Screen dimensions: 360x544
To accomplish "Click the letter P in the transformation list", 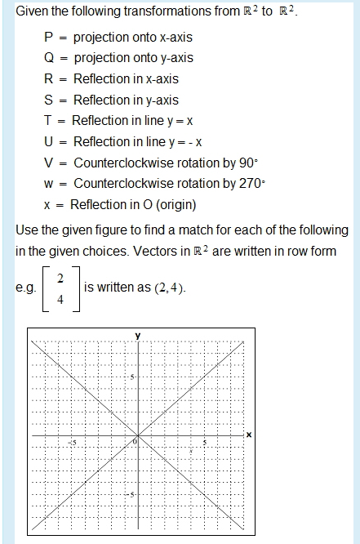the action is pos(48,38).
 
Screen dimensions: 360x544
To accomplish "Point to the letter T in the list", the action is pos(48,121).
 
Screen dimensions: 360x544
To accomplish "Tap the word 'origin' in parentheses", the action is pos(170,204).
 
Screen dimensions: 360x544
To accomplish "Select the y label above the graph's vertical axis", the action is pos(138,335).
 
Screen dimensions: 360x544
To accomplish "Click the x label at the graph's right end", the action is pos(248,433).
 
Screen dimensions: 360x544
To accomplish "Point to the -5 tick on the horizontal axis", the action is pos(72,443).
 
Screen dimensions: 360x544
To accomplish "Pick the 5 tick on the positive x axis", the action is pos(204,443).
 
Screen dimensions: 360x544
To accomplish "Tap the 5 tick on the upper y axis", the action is pos(132,376).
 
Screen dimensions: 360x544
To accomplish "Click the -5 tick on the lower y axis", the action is pos(131,496).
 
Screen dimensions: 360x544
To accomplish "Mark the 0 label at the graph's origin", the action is pos(135,442).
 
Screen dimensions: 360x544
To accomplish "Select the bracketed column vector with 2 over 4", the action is pos(60,290).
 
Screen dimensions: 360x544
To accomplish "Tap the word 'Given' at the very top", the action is pos(33,13).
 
